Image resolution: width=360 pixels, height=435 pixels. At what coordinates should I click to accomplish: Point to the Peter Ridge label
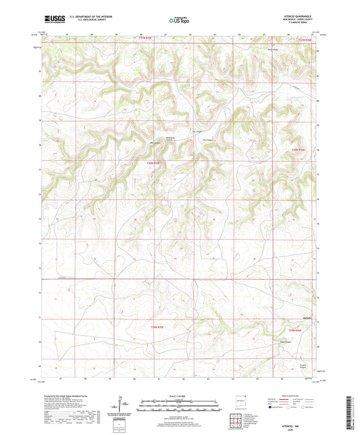[274, 49]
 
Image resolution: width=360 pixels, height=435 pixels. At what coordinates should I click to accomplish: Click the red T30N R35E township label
[155, 163]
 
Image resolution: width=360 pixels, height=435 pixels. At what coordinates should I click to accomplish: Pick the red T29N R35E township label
[156, 328]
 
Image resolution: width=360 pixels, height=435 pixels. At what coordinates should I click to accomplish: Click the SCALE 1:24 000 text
[180, 396]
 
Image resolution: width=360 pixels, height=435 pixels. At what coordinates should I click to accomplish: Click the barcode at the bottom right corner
[349, 411]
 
